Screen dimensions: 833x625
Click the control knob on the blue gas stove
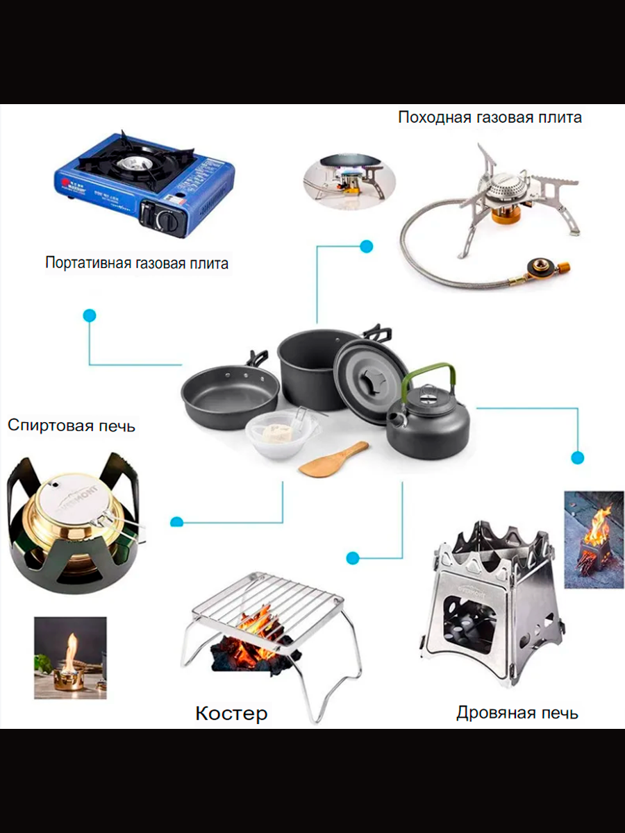167,220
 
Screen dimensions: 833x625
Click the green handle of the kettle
431,375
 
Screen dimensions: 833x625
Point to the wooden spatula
334,460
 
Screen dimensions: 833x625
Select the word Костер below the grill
231,713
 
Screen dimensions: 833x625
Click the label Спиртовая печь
72,425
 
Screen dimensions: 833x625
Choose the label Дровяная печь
517,712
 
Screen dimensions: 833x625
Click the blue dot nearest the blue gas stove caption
90,316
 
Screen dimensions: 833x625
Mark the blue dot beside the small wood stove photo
577,457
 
